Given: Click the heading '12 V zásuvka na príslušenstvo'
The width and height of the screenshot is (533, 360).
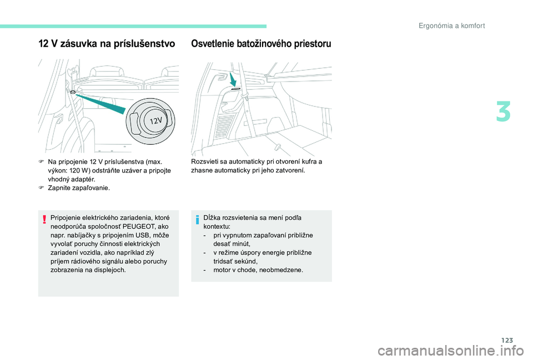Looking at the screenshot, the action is (107, 44).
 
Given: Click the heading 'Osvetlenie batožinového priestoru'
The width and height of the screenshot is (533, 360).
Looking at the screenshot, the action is (261, 44).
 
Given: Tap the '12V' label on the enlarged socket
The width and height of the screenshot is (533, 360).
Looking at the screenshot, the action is (155, 120).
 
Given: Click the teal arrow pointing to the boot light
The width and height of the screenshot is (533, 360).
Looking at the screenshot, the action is (233, 79).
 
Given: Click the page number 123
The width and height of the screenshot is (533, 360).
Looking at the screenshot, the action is (507, 340).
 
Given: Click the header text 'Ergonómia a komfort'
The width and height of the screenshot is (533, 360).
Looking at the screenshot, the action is (452, 26).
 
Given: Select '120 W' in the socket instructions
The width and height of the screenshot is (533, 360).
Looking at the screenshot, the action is (79, 170).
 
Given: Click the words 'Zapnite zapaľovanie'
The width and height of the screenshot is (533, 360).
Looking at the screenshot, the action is (79, 188).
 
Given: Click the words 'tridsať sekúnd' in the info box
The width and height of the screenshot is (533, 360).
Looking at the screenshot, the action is (235, 261).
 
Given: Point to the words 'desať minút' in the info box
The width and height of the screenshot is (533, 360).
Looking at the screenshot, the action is (232, 244).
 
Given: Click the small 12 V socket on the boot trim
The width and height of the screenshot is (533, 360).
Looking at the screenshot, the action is (72, 93).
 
